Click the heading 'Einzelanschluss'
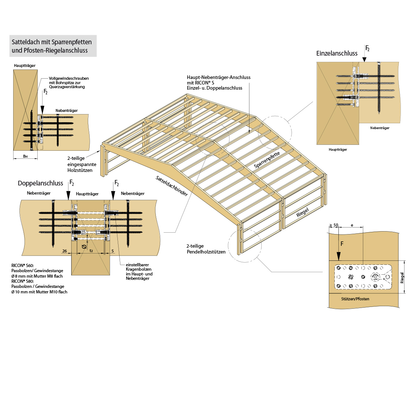(x=337, y=53)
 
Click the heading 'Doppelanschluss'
(x=40, y=183)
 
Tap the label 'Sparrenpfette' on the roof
(x=267, y=160)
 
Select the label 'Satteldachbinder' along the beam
(x=172, y=186)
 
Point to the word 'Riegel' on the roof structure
(x=302, y=213)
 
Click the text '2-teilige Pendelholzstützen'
(x=206, y=249)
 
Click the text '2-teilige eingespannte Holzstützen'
(x=82, y=164)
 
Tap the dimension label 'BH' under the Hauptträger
(x=25, y=156)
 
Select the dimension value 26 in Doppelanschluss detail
(x=65, y=251)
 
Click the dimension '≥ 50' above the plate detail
(x=334, y=225)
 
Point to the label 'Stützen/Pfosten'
(x=355, y=299)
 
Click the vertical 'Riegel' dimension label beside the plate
(x=402, y=278)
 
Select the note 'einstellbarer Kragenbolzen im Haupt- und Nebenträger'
(x=139, y=271)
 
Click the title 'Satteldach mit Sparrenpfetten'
(x=52, y=42)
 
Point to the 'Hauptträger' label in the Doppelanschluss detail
(x=87, y=194)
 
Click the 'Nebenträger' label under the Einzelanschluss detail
(x=380, y=128)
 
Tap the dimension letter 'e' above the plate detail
(x=352, y=225)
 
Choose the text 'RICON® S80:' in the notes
(x=23, y=281)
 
